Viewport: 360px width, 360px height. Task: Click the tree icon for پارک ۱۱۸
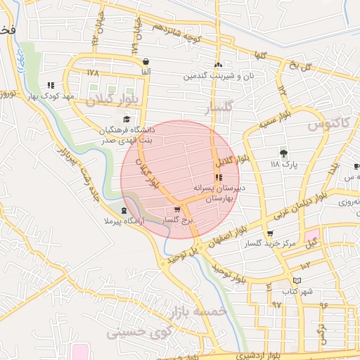pos(284,153)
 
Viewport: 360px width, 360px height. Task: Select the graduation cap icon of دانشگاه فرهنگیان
pos(127,120)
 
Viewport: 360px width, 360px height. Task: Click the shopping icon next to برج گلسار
pos(177,210)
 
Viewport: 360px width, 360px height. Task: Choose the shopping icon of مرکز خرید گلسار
pos(270,233)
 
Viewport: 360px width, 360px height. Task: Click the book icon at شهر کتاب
pos(297,280)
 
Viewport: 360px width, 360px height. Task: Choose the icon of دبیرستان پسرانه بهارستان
pos(217,177)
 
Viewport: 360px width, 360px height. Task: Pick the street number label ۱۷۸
pos(94,73)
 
